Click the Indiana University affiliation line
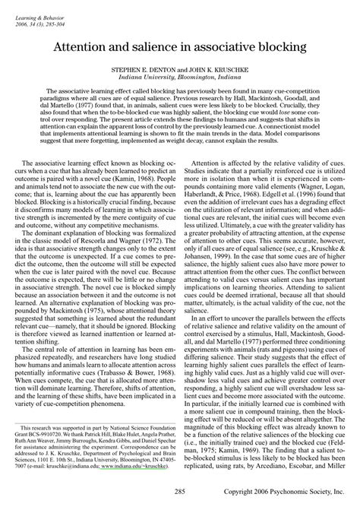point(179,77)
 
